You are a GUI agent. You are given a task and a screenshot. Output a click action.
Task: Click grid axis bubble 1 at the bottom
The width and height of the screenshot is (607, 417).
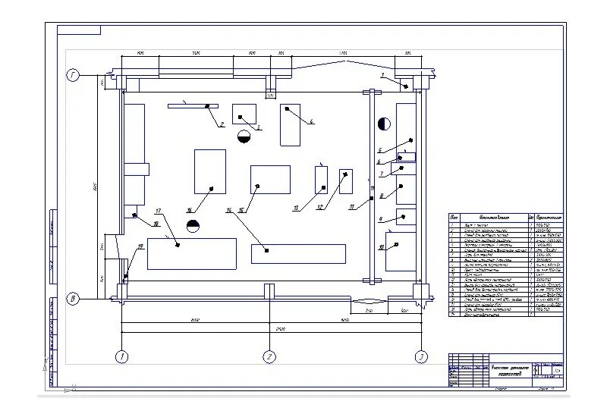coord(121,356)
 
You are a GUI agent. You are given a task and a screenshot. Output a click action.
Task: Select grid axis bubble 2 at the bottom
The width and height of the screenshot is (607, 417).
coord(269,356)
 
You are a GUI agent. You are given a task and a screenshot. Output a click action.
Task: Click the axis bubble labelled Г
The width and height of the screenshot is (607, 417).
coord(73,76)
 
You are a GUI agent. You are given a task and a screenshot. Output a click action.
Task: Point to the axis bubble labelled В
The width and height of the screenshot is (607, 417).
coord(73,299)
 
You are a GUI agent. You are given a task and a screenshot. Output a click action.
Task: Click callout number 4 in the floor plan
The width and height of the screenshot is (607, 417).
coord(311,121)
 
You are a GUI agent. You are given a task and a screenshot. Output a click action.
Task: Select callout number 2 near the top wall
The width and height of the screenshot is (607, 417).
coord(222,124)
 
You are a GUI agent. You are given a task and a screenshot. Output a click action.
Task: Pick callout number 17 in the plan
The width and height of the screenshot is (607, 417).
coord(159,210)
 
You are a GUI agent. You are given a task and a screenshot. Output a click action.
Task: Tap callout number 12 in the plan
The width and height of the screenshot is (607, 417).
coord(319,207)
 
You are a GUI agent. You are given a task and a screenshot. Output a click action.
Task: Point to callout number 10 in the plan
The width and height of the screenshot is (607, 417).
coord(381,248)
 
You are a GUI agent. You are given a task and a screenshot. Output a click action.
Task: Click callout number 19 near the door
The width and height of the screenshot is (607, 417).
coord(140,247)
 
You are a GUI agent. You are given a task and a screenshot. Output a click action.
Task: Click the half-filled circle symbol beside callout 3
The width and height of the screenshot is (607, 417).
coord(244,136)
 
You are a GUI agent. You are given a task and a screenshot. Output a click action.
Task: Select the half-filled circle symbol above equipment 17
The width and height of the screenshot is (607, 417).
coord(193,226)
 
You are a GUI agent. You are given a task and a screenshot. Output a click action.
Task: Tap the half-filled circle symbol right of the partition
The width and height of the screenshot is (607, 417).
coord(384,123)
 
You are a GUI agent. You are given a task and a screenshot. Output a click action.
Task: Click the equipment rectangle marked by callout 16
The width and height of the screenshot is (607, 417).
coord(209,171)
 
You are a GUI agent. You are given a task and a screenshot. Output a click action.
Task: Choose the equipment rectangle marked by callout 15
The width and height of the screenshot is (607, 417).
coord(270,180)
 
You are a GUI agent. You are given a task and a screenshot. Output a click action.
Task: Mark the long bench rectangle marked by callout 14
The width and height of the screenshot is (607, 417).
coord(297,254)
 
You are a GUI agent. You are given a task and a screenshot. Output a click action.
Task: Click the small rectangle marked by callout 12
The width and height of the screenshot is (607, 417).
coord(345,181)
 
